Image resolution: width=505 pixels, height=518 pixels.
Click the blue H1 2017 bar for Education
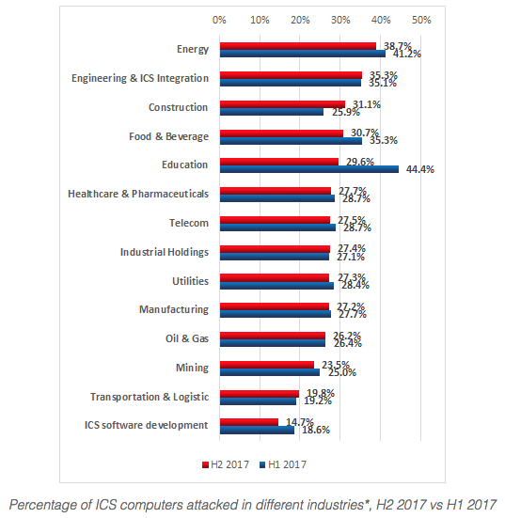point(308,169)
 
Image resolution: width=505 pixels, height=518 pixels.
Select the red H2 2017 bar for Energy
point(297,45)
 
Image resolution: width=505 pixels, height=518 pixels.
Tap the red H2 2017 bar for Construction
point(282,103)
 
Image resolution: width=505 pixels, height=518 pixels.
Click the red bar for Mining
point(267,365)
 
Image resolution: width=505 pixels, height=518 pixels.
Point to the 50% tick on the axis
point(420,19)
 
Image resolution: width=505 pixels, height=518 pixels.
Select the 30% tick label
point(340,19)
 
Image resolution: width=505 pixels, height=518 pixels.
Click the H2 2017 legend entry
point(227,463)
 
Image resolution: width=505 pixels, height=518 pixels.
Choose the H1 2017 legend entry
point(285,463)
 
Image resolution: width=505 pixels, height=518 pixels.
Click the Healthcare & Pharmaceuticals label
point(137,194)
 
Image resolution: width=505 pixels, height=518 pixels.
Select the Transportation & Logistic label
point(149,397)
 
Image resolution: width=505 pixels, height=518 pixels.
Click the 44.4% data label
point(418,170)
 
